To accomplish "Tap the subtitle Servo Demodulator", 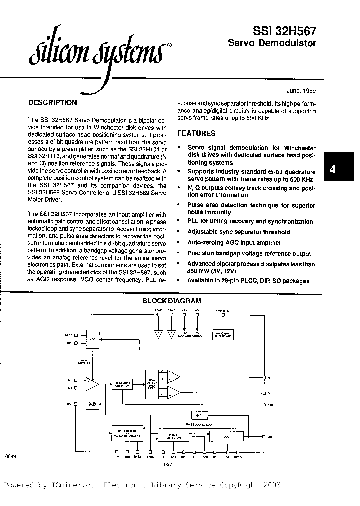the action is point(272,43).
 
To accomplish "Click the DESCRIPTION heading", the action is point(52,103).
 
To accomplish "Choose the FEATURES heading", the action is point(197,133).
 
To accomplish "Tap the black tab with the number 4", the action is point(332,169).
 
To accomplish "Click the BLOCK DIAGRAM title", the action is point(172,301).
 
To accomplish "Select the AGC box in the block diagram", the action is point(93,338).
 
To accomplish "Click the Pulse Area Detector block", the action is point(122,384).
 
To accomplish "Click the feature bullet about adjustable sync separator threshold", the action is point(238,232).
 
